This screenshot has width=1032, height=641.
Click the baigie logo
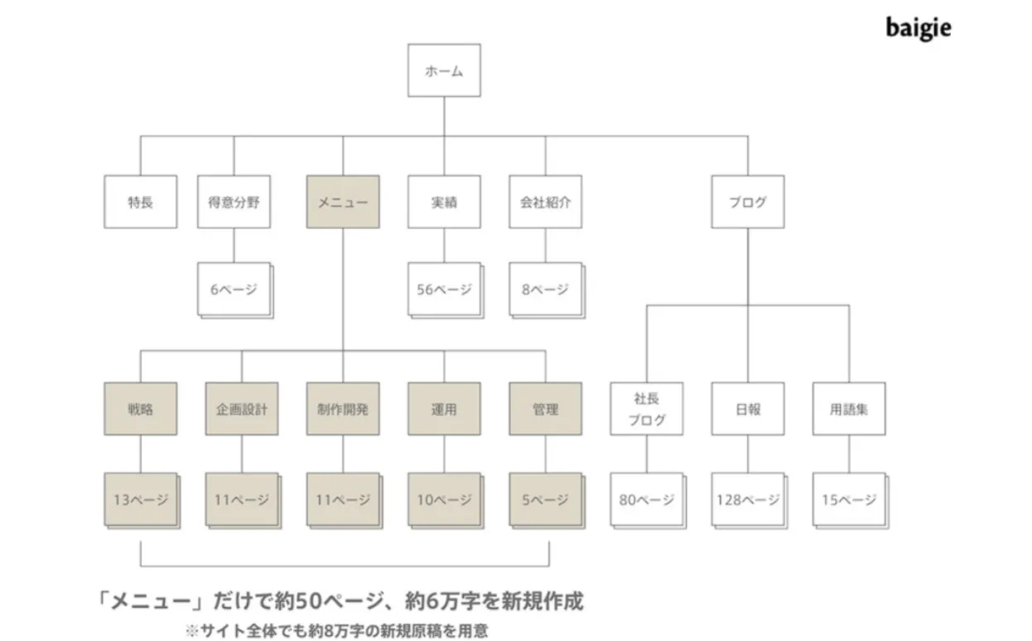pos(919,28)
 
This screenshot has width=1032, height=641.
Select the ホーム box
pos(444,70)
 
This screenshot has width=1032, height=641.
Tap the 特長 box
pos(141,202)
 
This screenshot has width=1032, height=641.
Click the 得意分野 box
pos(234,202)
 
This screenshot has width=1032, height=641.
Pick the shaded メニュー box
pos(343,202)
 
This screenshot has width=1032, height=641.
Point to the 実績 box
pos(444,202)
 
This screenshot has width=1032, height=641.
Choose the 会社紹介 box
pos(546,202)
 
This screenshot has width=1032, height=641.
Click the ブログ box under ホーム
pos(748,202)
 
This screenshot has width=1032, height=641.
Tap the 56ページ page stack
pos(446,291)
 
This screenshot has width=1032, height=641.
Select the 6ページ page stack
pos(236,291)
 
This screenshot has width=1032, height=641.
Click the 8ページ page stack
pos(547,291)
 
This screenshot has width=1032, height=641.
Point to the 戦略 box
pos(141,409)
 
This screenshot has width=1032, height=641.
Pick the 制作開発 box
pos(343,409)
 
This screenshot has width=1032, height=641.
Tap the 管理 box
pos(546,409)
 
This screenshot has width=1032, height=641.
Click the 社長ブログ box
pos(647,409)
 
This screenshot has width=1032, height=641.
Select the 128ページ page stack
pos(750,501)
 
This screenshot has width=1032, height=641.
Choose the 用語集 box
pos(849,409)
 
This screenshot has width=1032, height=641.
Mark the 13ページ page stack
pos(142,501)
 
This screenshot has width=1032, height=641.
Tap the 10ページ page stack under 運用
pos(446,501)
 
